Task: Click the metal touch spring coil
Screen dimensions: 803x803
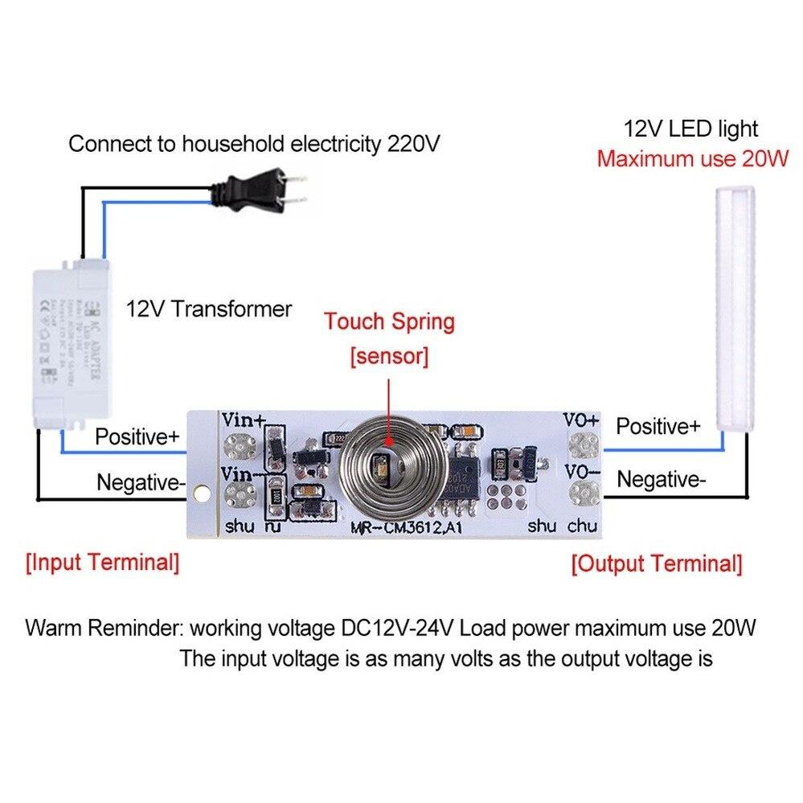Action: (386, 466)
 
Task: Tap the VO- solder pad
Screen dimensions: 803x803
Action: (583, 489)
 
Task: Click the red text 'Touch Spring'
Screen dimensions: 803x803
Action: (389, 322)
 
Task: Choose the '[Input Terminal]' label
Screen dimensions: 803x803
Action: (102, 562)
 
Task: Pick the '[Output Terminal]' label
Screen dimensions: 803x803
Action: (656, 563)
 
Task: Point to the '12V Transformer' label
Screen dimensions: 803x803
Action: (209, 309)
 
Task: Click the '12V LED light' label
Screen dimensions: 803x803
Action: (690, 128)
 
